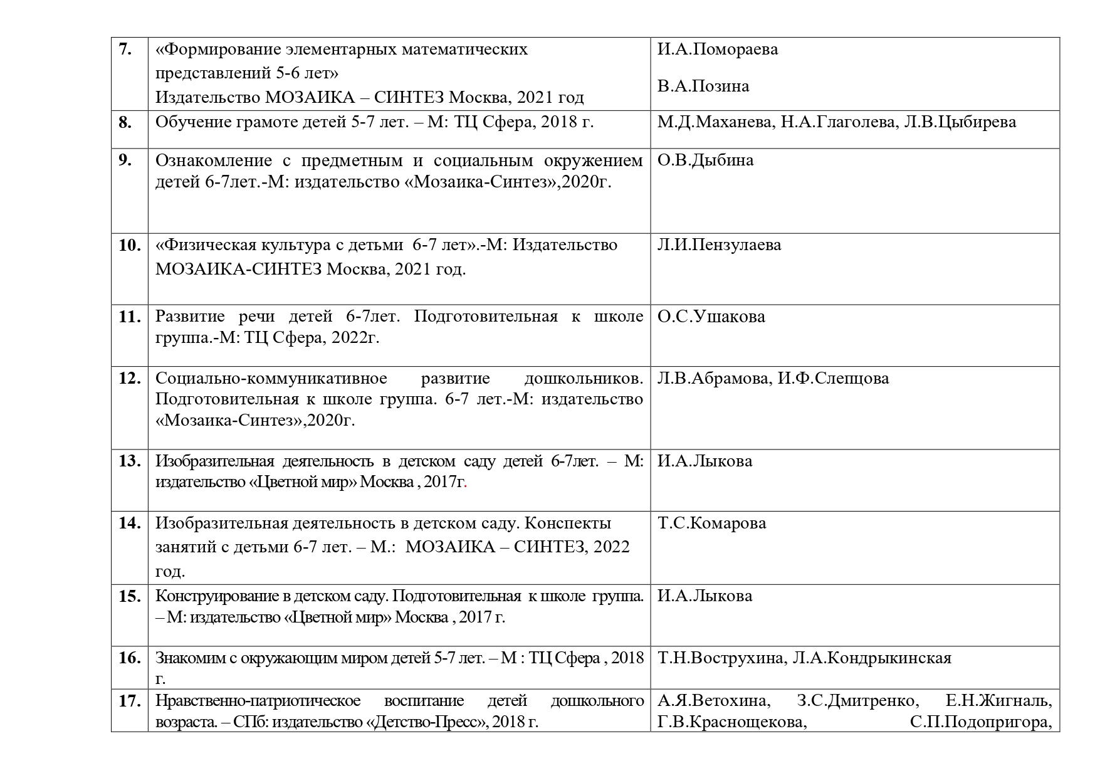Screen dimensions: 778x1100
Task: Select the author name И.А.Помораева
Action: (x=718, y=50)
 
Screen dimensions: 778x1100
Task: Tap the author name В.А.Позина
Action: (x=703, y=86)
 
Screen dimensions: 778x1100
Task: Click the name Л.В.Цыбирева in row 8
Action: (x=960, y=122)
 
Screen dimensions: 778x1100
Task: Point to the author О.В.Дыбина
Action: (x=705, y=160)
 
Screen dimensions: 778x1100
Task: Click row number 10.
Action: (x=129, y=245)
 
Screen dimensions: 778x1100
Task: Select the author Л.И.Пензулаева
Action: (x=719, y=244)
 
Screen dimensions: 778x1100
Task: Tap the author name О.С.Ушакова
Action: (x=711, y=317)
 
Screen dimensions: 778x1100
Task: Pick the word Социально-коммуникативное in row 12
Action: (x=271, y=379)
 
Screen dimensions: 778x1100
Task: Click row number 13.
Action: (x=129, y=461)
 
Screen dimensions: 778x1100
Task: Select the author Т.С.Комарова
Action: (x=711, y=523)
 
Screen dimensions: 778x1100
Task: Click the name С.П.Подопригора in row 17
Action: (x=980, y=722)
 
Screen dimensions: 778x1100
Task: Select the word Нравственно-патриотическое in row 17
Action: (x=258, y=701)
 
